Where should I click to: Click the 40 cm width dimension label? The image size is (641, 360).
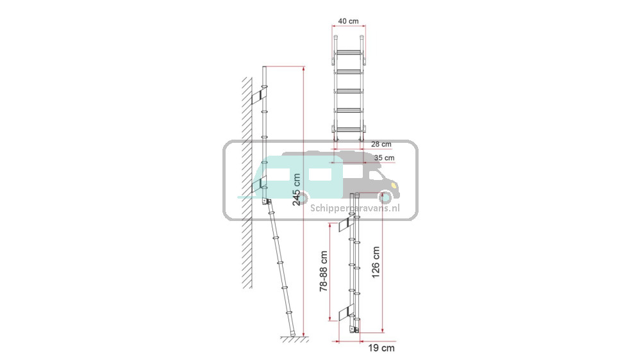click(348, 21)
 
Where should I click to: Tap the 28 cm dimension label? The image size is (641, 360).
click(381, 144)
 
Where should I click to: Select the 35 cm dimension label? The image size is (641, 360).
click(384, 158)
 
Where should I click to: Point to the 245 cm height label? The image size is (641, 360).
click(297, 189)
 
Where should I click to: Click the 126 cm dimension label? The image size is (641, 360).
click(376, 263)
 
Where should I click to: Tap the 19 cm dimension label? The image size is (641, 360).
click(381, 348)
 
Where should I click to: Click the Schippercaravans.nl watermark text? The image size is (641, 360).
click(355, 208)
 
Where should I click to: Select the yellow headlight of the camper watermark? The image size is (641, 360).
click(394, 186)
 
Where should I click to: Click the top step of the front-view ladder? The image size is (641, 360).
click(348, 53)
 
